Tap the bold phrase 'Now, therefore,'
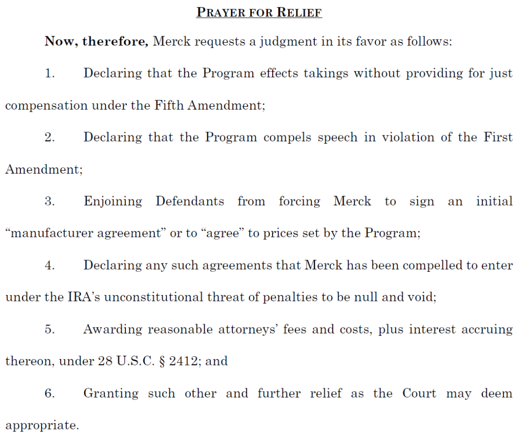(96, 41)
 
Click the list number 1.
(49, 73)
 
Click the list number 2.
(49, 137)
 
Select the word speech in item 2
(338, 137)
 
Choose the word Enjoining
(113, 202)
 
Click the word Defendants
(190, 201)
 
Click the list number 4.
(49, 265)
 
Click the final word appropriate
(42, 426)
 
